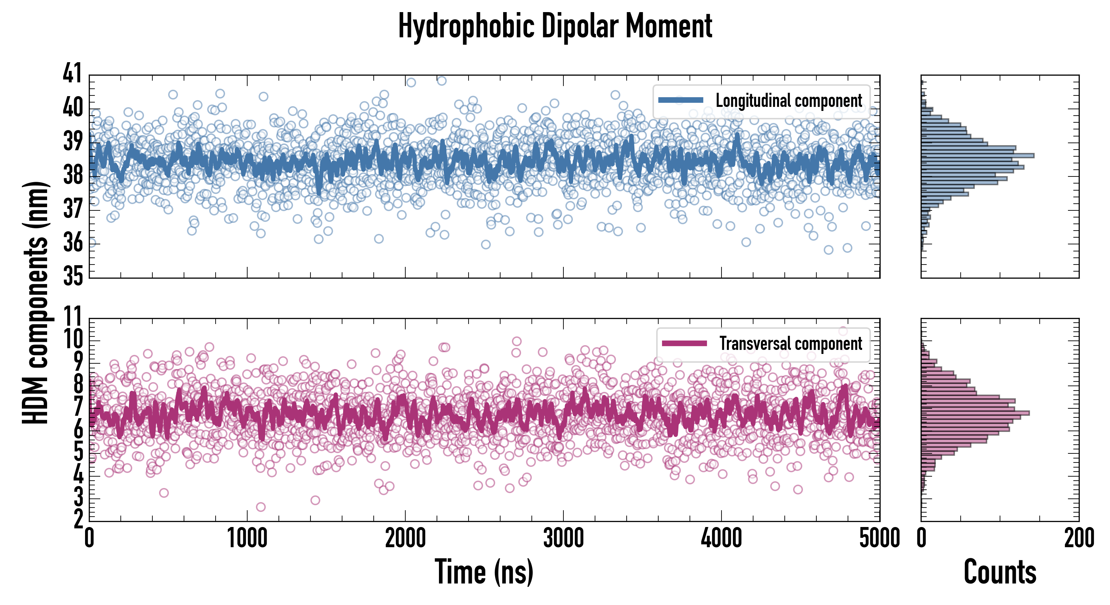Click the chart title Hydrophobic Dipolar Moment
click(555, 27)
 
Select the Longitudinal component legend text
click(788, 101)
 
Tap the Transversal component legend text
click(791, 344)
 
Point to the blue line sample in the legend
click(681, 100)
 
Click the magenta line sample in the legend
click(684, 343)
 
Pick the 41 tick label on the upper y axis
click(72, 73)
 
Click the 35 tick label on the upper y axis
click(72, 276)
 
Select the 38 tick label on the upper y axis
click(72, 175)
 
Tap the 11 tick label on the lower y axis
click(72, 317)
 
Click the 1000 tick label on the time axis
click(247, 538)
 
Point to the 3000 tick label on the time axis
click(563, 538)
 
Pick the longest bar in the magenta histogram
click(975, 413)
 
